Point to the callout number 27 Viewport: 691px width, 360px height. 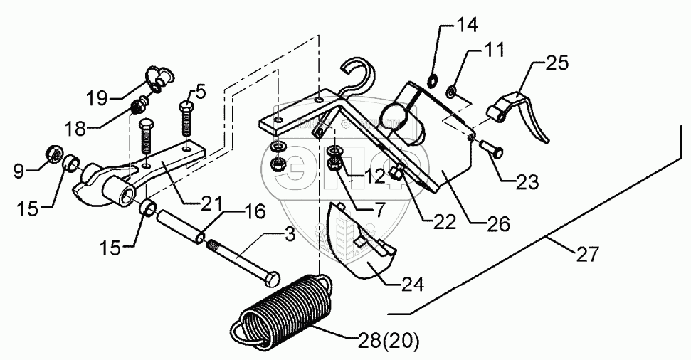point(588,253)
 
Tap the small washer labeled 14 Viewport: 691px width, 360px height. point(432,79)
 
